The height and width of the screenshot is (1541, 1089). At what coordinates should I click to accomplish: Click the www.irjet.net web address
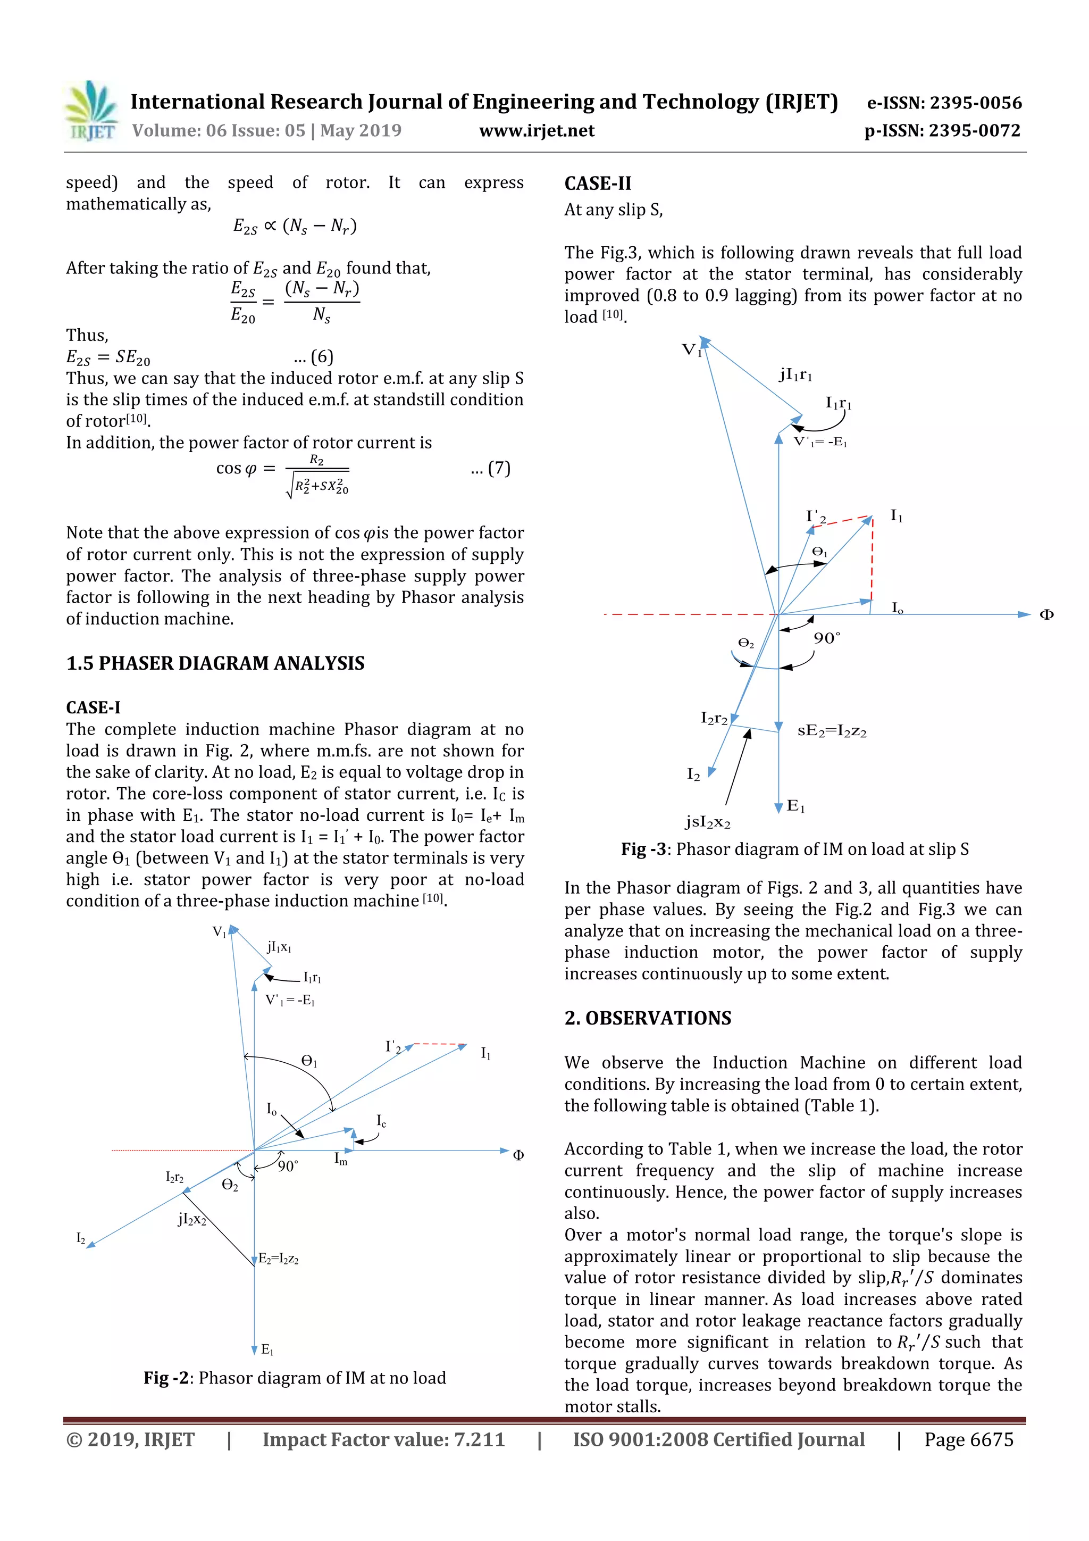(x=536, y=130)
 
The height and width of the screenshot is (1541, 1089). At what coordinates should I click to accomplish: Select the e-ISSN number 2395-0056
(x=944, y=103)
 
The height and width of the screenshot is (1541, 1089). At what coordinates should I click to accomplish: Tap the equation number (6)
(x=313, y=356)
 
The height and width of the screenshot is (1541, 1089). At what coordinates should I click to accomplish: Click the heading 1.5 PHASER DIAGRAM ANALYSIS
(x=215, y=663)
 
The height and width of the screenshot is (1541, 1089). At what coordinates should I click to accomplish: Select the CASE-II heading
(x=597, y=183)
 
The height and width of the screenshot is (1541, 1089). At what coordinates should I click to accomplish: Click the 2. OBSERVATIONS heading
(x=648, y=1018)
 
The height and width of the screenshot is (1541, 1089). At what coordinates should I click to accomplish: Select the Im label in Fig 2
(x=341, y=1159)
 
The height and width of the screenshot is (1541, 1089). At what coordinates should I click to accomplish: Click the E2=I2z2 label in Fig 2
(x=279, y=1259)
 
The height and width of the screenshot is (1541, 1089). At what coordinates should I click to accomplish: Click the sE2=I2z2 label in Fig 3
(x=831, y=731)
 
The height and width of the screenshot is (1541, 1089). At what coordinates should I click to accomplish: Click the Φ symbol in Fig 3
(x=1046, y=615)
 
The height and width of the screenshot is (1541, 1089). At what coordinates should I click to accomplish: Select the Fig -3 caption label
(x=643, y=849)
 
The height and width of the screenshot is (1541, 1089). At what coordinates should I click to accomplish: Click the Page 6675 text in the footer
(x=968, y=1439)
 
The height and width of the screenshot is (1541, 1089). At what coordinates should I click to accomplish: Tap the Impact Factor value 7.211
(x=383, y=1439)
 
